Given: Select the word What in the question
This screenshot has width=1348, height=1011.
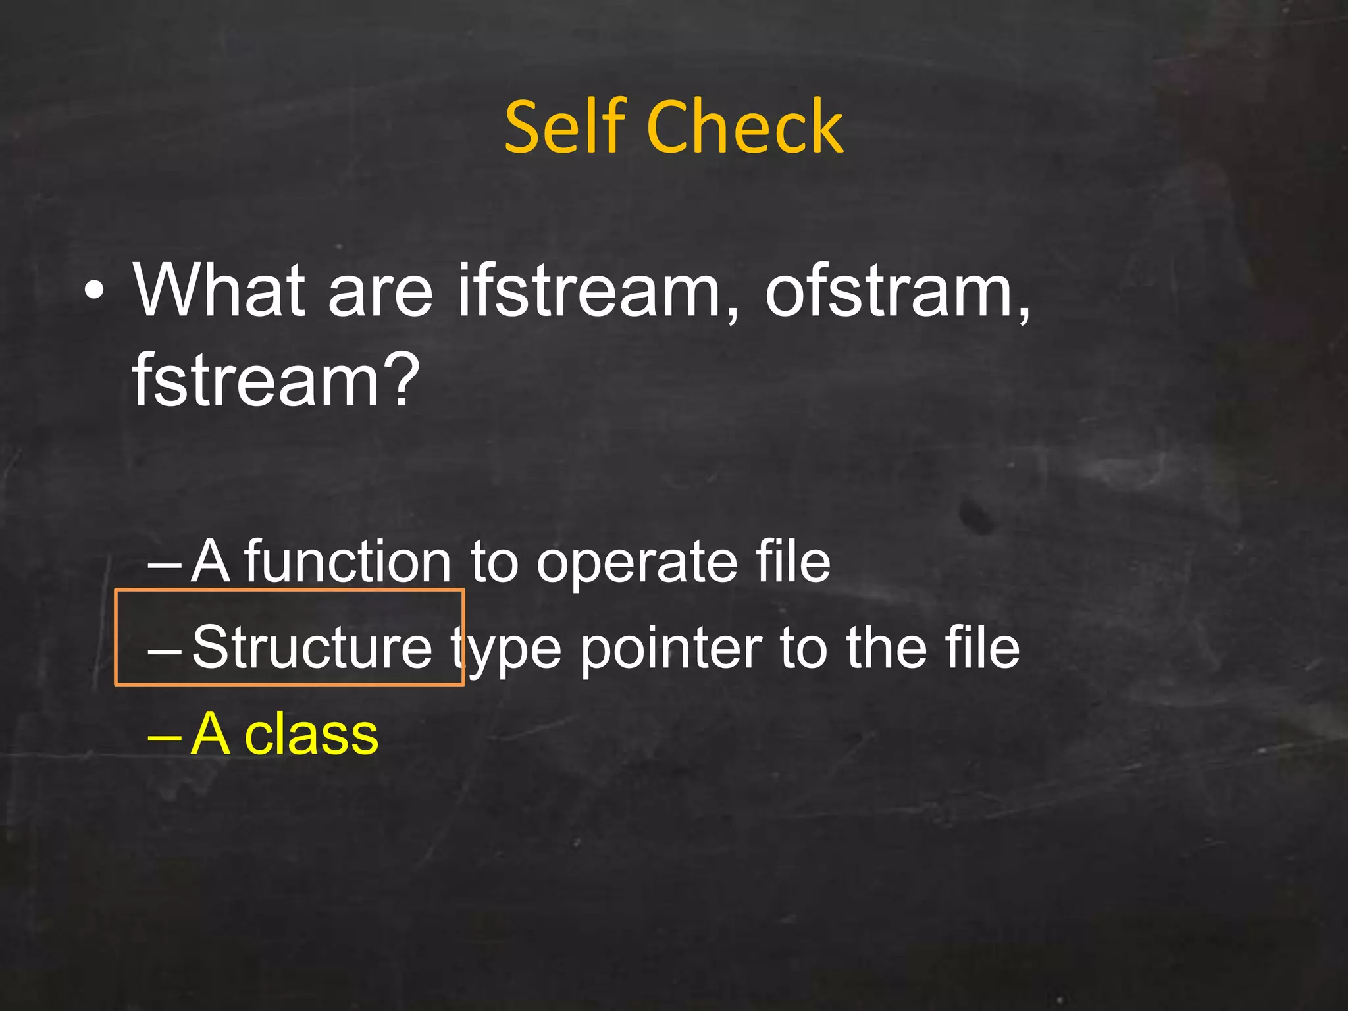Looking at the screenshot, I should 219,290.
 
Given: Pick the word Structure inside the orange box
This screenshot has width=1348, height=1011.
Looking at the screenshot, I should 312,648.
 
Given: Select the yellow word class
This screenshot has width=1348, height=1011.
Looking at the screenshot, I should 311,734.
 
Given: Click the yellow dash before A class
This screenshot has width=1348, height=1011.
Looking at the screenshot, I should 164,737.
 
